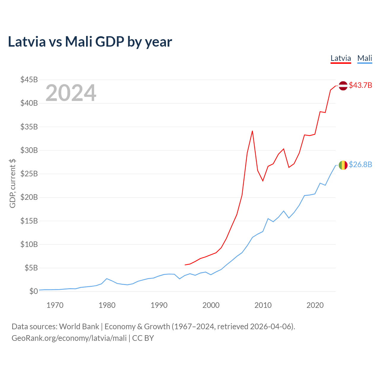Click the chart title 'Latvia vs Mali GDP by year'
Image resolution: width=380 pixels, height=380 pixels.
90,42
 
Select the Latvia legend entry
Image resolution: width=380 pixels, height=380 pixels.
341,58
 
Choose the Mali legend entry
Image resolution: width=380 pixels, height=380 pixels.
365,58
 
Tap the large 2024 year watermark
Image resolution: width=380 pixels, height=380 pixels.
71,93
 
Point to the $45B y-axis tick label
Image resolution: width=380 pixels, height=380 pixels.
29,80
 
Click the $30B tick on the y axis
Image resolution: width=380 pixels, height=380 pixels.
29,150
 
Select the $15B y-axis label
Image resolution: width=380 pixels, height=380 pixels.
29,221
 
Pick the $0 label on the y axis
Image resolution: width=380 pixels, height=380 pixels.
34,291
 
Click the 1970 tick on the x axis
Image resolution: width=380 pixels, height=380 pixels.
55,305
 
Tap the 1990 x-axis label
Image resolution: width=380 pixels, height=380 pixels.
159,305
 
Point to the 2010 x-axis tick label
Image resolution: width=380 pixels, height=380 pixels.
263,305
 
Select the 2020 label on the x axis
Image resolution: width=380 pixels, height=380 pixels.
315,305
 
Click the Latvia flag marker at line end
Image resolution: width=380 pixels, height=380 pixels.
343,85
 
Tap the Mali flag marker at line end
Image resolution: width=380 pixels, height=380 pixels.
343,165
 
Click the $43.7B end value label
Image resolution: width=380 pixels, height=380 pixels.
360,85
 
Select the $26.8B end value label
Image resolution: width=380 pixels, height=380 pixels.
360,165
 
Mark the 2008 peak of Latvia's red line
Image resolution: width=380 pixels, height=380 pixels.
252,131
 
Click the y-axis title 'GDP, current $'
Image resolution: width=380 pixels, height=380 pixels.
12,183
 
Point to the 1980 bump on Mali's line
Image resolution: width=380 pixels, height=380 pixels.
107,278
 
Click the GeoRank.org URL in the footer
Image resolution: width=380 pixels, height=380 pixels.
69,338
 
